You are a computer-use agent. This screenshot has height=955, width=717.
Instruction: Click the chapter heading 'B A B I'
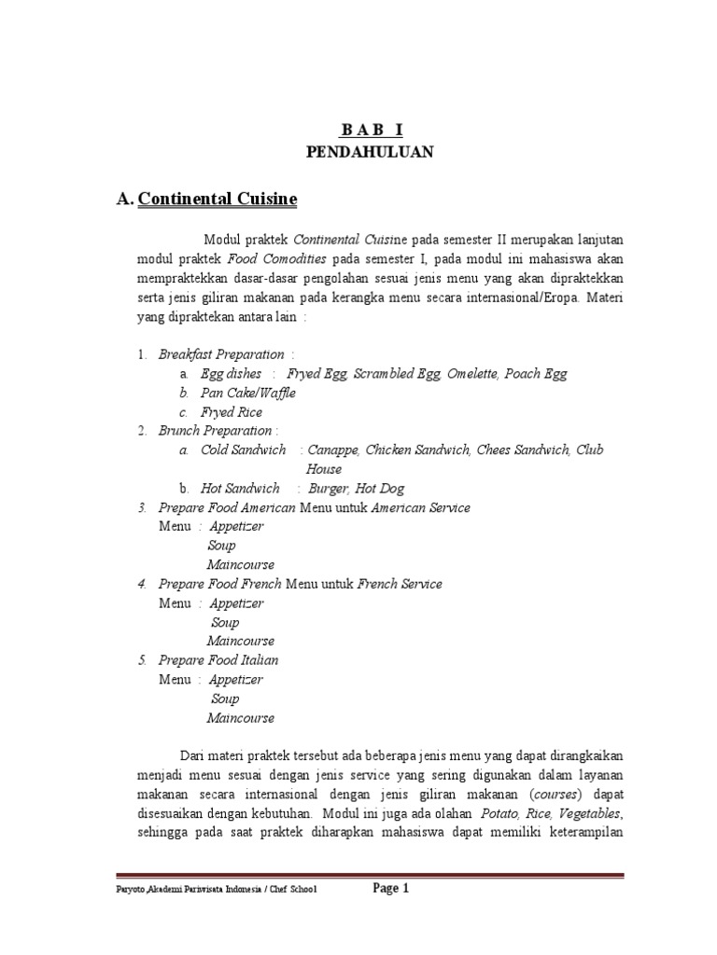click(x=371, y=131)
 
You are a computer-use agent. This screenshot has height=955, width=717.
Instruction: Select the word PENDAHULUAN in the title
click(x=371, y=153)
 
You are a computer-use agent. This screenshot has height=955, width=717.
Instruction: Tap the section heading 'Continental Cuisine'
click(x=218, y=199)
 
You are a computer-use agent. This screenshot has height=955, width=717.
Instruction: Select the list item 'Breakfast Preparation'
click(x=221, y=354)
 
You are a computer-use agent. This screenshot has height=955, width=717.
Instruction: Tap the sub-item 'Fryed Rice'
click(x=231, y=412)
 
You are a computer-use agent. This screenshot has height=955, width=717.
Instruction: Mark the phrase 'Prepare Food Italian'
click(x=218, y=660)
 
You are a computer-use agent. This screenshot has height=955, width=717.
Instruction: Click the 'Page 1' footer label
click(x=391, y=889)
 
